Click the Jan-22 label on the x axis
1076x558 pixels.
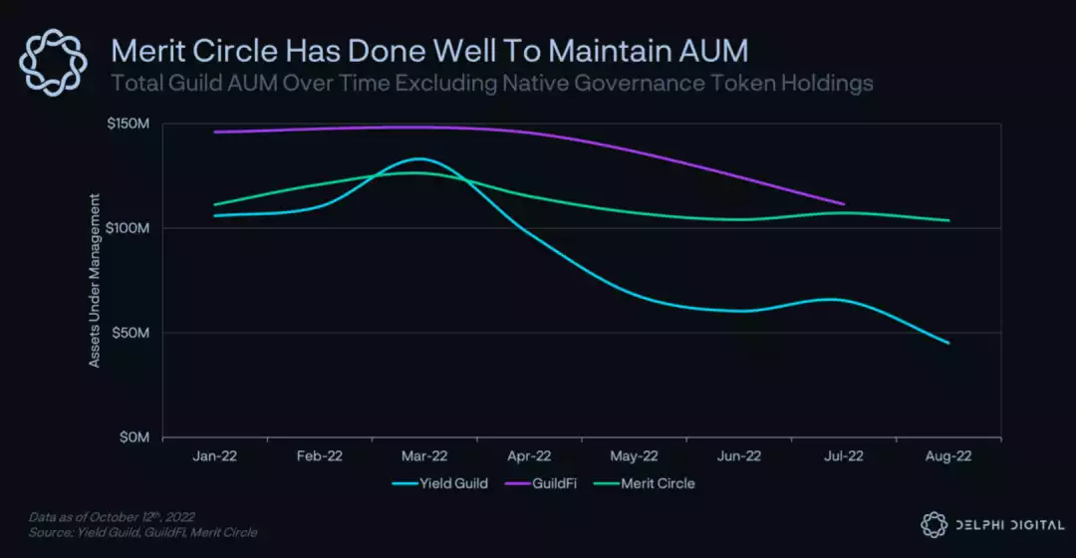click(x=215, y=455)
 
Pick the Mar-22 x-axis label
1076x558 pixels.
click(x=424, y=455)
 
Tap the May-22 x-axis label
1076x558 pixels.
click(x=634, y=455)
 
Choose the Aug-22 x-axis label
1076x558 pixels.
click(x=947, y=455)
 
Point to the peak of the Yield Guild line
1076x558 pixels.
click(x=418, y=158)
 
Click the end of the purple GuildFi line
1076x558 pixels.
click(x=844, y=204)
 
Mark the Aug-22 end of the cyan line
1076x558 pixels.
click(x=948, y=343)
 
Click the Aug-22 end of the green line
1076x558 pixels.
click(x=948, y=220)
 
